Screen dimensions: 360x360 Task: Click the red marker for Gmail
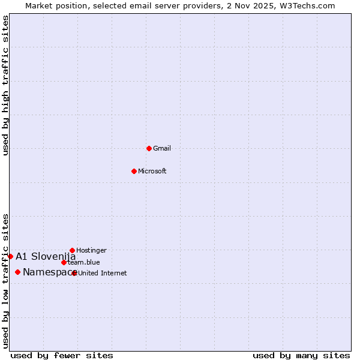click(149, 148)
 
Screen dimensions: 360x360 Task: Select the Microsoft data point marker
click(134, 171)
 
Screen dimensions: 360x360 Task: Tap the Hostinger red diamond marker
click(72, 250)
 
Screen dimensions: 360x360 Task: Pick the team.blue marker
click(64, 262)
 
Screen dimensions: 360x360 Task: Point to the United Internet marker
click(74, 273)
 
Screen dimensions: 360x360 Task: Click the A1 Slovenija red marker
click(10, 256)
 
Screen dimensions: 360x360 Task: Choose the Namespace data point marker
click(17, 272)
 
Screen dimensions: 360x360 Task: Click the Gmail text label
click(162, 148)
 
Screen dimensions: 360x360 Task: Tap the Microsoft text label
click(152, 171)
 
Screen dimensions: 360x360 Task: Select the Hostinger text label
click(91, 250)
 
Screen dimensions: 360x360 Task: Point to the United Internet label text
click(103, 273)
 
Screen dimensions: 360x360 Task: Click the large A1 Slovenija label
click(46, 256)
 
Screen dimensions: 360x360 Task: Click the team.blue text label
click(84, 262)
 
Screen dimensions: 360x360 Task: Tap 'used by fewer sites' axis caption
click(62, 355)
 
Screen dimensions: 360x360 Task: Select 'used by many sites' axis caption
click(301, 355)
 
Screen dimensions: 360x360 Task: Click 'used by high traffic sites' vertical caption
click(5, 85)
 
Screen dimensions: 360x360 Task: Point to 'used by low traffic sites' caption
click(5, 280)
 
